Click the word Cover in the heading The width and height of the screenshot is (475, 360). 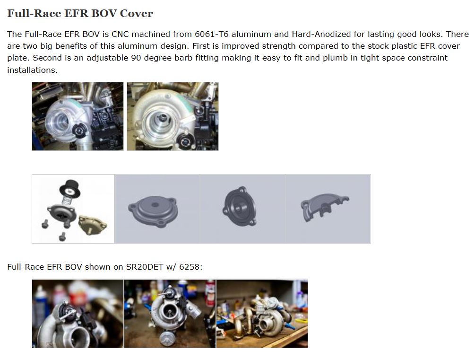(x=136, y=13)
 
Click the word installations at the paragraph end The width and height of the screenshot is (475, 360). (x=31, y=70)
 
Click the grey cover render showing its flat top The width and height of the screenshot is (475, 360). (x=151, y=209)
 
